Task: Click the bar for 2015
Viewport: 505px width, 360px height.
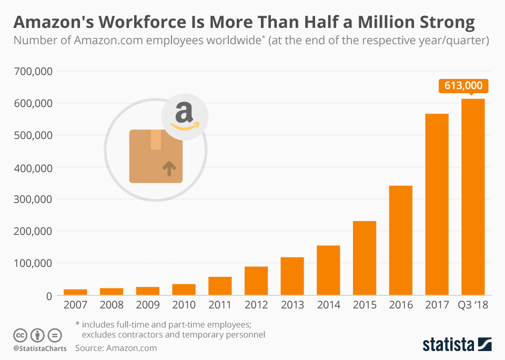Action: point(365,258)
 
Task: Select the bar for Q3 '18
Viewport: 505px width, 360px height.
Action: point(473,197)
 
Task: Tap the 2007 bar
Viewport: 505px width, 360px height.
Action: point(75,292)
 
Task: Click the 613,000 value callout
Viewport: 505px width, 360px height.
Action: point(463,86)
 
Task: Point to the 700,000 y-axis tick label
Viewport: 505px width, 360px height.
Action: point(32,71)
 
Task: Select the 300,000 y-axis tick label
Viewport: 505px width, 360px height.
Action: point(32,199)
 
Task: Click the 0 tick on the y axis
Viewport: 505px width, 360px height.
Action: point(49,296)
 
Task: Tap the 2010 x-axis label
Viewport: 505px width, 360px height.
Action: point(184,305)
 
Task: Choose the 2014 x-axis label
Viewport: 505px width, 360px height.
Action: point(328,305)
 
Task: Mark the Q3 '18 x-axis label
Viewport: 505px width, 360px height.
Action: point(473,305)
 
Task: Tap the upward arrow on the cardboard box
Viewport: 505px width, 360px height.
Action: point(168,168)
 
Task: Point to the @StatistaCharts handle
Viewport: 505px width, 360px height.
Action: point(40,348)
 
